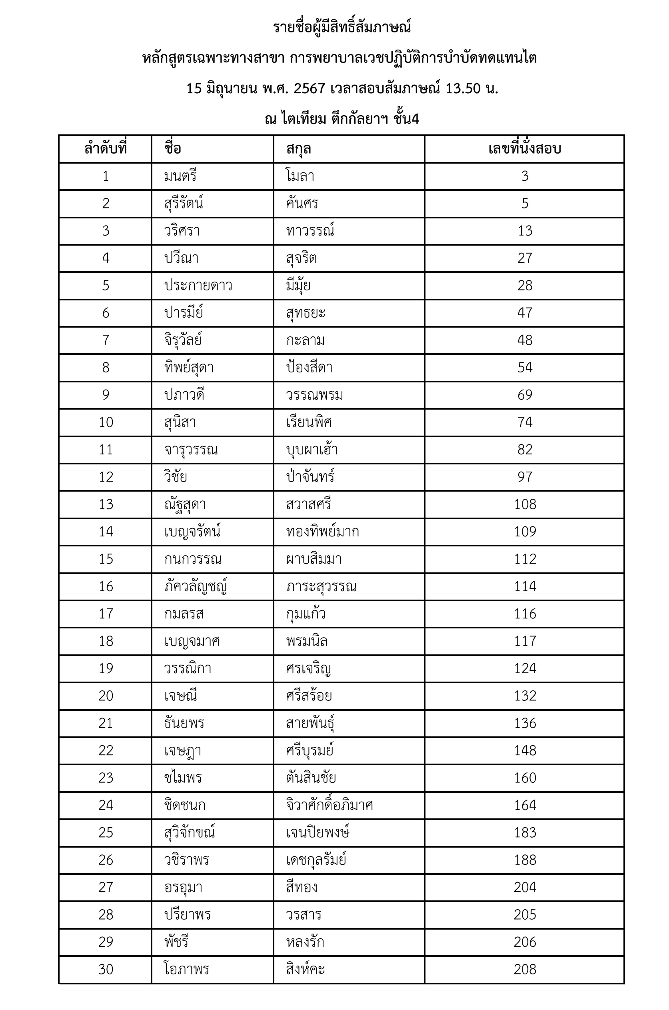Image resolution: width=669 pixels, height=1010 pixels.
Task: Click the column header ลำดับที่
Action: (x=106, y=149)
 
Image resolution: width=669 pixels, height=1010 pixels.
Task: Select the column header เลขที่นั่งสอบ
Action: (x=524, y=149)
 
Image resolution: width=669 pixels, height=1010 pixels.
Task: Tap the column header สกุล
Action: (x=299, y=149)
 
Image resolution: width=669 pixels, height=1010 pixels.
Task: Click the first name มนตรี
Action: (x=180, y=176)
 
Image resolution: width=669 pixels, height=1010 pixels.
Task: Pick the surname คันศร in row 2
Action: (x=302, y=204)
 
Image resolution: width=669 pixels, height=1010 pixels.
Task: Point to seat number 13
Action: (x=525, y=231)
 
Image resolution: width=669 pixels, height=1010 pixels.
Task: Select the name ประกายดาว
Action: (x=198, y=286)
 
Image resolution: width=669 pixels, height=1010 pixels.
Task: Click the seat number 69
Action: (x=525, y=395)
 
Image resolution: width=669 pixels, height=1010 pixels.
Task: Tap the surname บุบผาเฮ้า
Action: (x=312, y=449)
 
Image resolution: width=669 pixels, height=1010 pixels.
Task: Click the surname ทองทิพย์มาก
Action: (x=323, y=532)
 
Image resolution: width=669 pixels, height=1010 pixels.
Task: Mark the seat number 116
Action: (x=525, y=614)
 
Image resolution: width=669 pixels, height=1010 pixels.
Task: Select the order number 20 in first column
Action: (x=106, y=696)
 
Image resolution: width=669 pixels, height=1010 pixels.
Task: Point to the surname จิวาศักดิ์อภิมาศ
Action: (x=330, y=805)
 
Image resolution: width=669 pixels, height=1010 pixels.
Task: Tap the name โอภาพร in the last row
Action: (x=186, y=969)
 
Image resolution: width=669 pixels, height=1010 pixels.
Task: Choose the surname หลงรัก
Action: (x=305, y=942)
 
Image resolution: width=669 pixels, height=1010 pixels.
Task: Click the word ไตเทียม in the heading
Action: (x=304, y=119)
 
